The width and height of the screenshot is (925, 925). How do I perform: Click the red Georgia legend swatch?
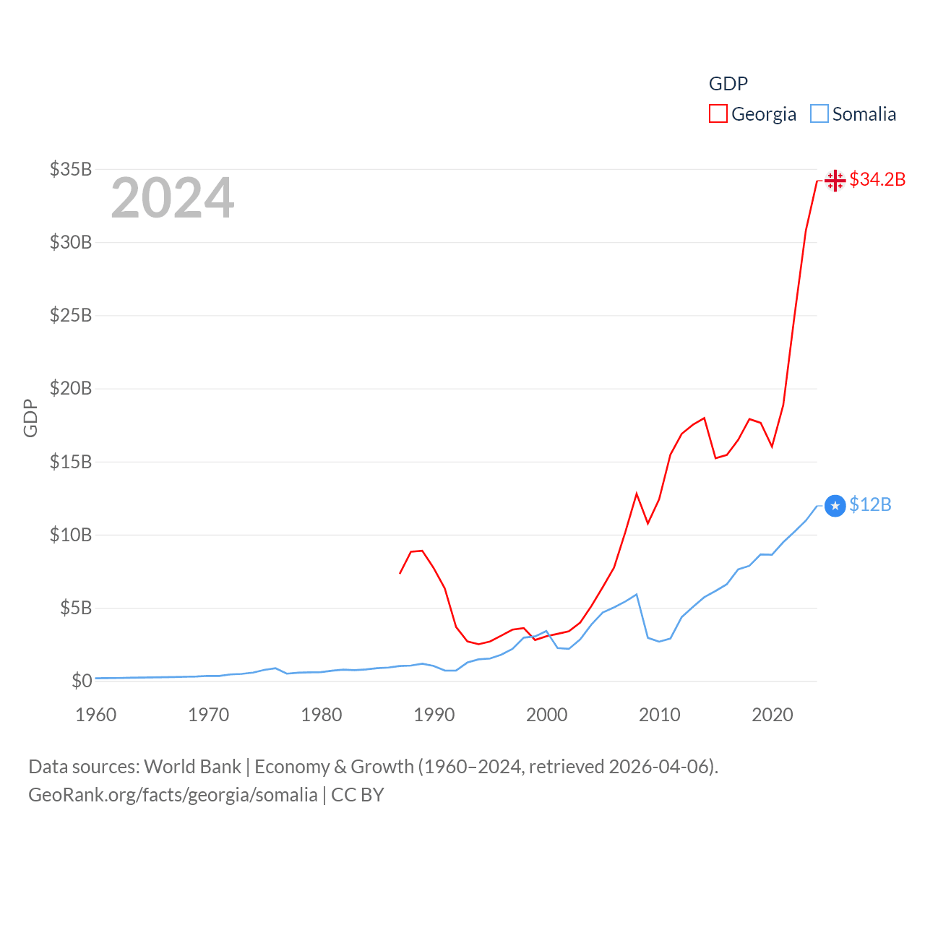(x=718, y=114)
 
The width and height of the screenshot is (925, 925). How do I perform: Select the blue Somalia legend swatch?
(x=819, y=114)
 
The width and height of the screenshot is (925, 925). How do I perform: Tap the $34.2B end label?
(x=877, y=179)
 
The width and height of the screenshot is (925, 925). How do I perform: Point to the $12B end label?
(x=870, y=504)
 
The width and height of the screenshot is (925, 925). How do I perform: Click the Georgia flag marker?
(x=835, y=180)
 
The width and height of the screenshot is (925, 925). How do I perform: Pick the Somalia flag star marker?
(x=835, y=506)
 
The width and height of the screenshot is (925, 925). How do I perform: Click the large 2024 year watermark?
(x=173, y=198)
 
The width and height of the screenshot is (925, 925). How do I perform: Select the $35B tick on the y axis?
(x=71, y=169)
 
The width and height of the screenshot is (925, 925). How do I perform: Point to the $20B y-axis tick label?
(x=71, y=388)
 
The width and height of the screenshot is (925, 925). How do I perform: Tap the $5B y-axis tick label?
(x=76, y=608)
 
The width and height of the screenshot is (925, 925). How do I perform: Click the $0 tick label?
(x=82, y=681)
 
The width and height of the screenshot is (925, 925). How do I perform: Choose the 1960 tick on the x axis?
(x=96, y=715)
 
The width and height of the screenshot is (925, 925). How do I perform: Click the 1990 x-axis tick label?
(x=434, y=715)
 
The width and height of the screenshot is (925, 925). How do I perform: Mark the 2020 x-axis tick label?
(x=773, y=715)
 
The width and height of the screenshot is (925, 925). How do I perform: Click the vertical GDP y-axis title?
(x=30, y=418)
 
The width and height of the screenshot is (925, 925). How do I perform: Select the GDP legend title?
(x=728, y=84)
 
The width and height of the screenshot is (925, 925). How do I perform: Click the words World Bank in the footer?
(x=192, y=767)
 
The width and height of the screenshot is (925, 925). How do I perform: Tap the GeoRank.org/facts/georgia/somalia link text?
(x=173, y=795)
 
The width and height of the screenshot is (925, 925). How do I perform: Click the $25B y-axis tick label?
(x=71, y=315)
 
